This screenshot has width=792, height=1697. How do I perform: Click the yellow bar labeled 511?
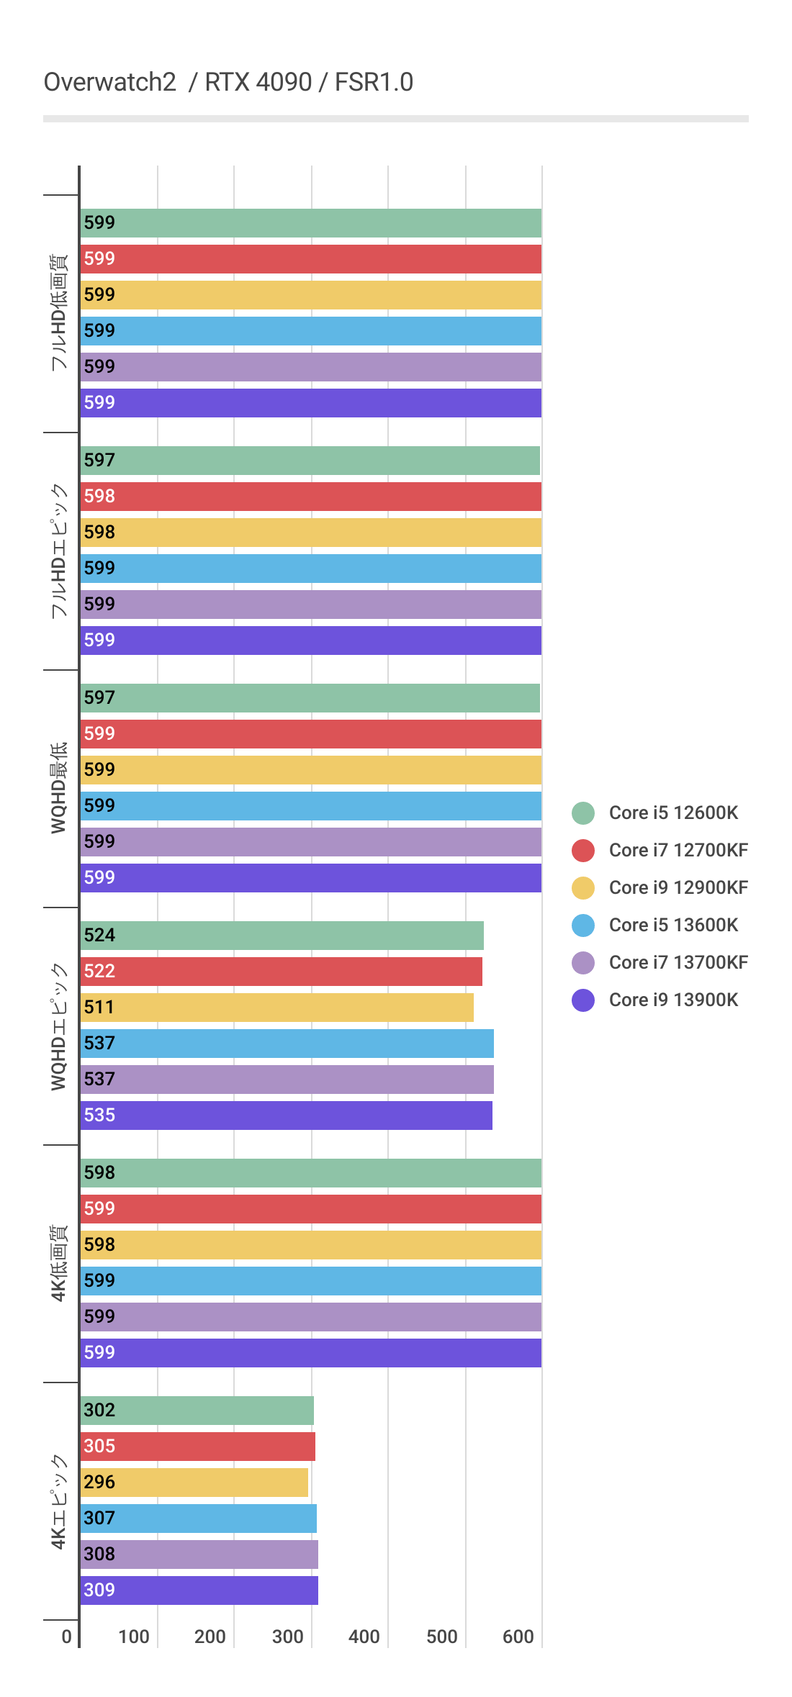point(277,1007)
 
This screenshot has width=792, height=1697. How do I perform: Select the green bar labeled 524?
point(282,935)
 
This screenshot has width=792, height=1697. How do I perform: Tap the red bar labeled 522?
point(282,971)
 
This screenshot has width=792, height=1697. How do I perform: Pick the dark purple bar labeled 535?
point(287,1115)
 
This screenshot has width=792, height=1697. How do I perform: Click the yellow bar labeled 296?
point(194,1482)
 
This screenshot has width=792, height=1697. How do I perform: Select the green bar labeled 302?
point(197,1410)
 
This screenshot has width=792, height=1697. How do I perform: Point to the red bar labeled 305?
point(198,1446)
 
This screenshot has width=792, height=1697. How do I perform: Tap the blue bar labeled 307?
point(199,1518)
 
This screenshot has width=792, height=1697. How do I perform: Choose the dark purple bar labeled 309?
point(199,1590)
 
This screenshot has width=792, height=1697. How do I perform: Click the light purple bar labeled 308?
point(199,1554)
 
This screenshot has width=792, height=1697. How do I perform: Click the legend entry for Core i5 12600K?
point(673,813)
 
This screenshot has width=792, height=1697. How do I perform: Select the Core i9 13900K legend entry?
point(673,1000)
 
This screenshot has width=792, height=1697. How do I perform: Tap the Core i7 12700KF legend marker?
point(583,850)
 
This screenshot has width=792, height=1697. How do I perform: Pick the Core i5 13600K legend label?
point(673,925)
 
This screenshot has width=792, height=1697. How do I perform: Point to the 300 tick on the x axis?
point(287,1637)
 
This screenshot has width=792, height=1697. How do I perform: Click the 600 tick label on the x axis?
point(518,1637)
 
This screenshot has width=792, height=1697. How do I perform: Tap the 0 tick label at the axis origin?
point(66,1637)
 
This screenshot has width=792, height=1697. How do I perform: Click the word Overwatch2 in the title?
point(110,82)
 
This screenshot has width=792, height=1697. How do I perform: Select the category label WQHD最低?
point(58,788)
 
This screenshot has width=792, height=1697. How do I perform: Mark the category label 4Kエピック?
point(58,1501)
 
